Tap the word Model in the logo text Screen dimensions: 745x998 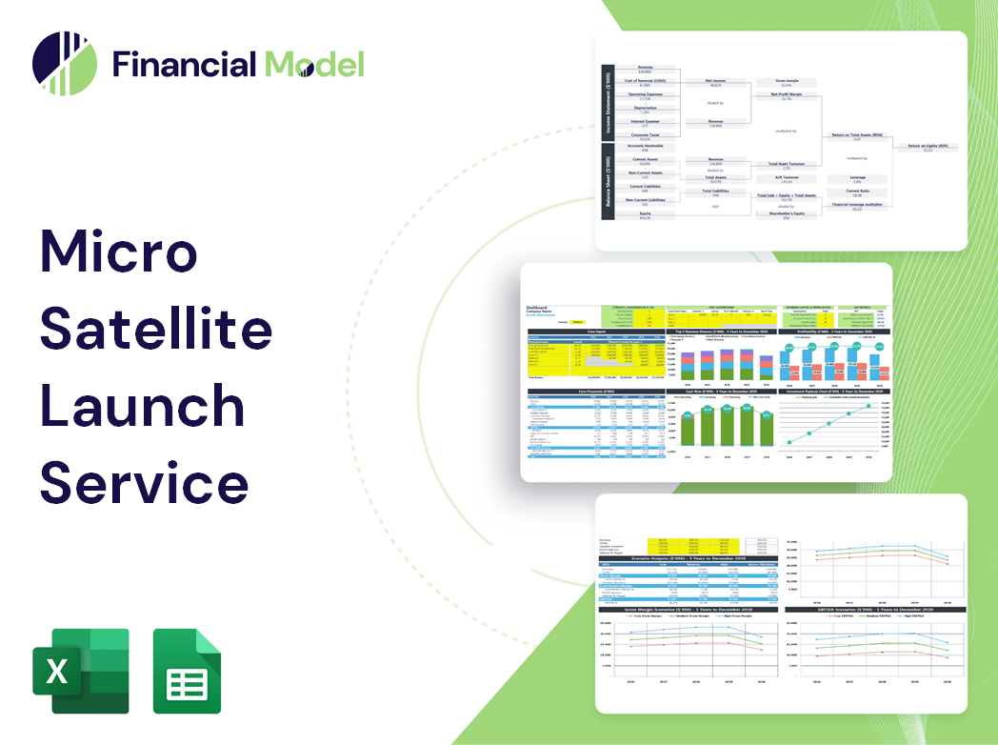(314, 64)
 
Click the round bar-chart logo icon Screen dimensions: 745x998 (65, 65)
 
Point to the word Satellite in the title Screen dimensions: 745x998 (156, 329)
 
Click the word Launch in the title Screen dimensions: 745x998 (143, 404)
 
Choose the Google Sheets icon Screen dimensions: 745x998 (188, 671)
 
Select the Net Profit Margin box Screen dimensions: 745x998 (786, 96)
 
